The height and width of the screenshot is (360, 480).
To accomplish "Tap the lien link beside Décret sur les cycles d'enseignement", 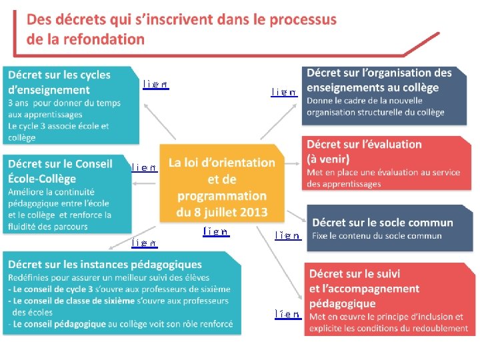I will (x=155, y=85).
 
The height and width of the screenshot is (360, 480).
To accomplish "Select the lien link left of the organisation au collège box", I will (x=284, y=92).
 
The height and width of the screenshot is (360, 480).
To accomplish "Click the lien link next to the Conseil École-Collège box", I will (x=145, y=168).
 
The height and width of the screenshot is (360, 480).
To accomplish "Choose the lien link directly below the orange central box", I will (x=216, y=232).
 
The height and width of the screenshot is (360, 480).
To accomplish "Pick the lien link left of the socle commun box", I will (x=287, y=235).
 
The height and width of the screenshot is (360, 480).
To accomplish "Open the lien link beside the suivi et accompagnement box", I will (x=288, y=313).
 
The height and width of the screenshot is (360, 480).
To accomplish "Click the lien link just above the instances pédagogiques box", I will (x=144, y=243).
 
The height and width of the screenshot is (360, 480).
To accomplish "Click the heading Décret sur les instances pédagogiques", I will (x=105, y=265).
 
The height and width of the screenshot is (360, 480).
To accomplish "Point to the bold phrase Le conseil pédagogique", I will (x=60, y=324).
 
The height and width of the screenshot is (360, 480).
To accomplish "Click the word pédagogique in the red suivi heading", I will (x=342, y=303).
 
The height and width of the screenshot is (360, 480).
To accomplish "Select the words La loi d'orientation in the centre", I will (x=221, y=163).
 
